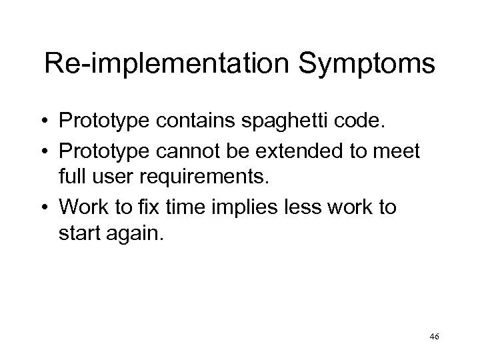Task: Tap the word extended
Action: pos(309,152)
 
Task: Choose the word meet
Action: pos(397,152)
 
